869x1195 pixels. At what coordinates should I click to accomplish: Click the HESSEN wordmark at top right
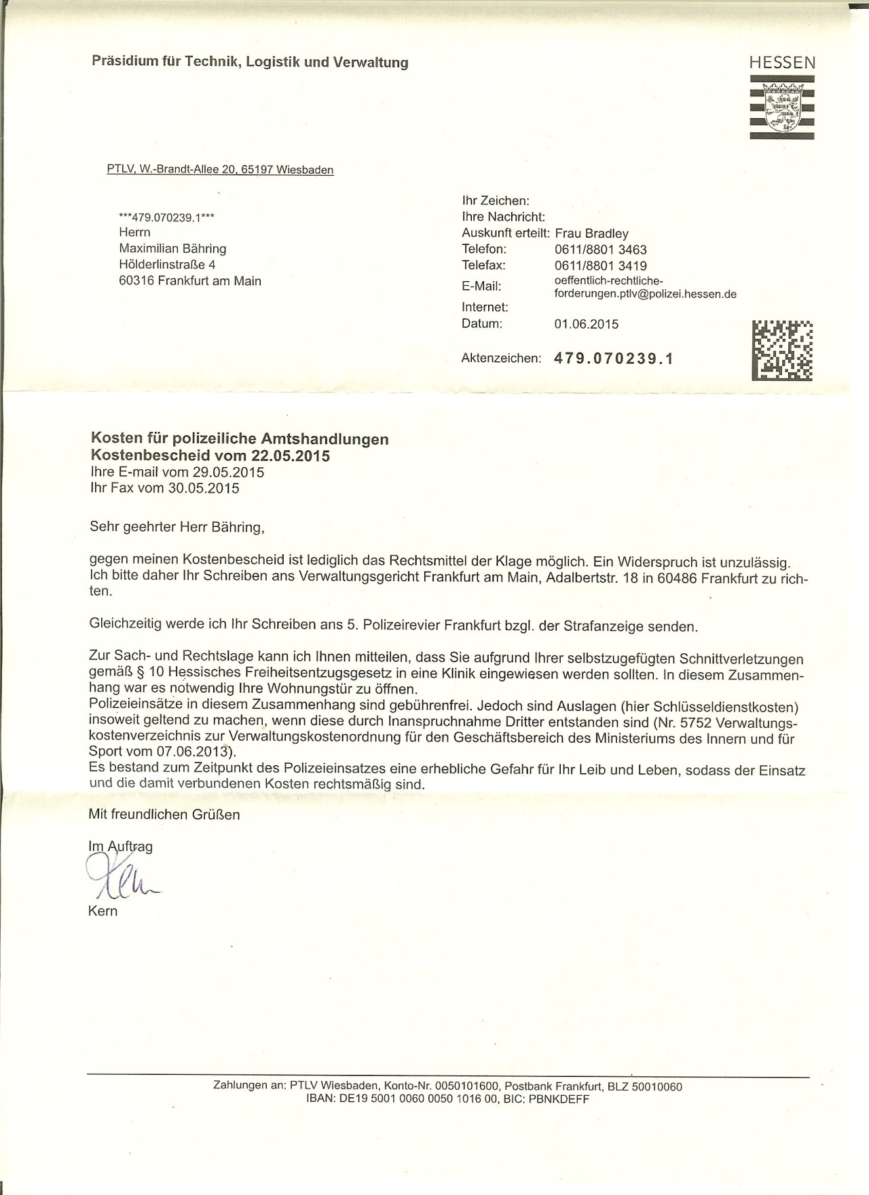782,63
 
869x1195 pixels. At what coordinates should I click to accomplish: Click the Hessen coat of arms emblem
782,107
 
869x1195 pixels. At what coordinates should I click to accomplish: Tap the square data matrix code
782,350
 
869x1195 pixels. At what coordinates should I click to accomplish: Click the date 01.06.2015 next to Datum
587,324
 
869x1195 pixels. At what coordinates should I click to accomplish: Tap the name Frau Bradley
592,234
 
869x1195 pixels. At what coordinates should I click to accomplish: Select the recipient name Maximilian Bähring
172,249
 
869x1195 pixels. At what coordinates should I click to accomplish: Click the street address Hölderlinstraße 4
167,265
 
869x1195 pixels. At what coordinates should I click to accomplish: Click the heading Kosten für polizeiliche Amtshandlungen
240,439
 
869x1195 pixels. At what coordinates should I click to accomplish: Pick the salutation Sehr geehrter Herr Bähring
175,526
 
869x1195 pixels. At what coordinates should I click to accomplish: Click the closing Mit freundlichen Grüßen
164,814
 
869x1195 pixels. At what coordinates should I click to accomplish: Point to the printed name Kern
103,911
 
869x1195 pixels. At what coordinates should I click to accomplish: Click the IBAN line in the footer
448,1099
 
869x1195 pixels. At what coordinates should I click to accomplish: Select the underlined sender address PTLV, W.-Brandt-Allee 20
220,170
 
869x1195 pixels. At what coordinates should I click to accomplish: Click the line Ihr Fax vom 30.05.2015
164,488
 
